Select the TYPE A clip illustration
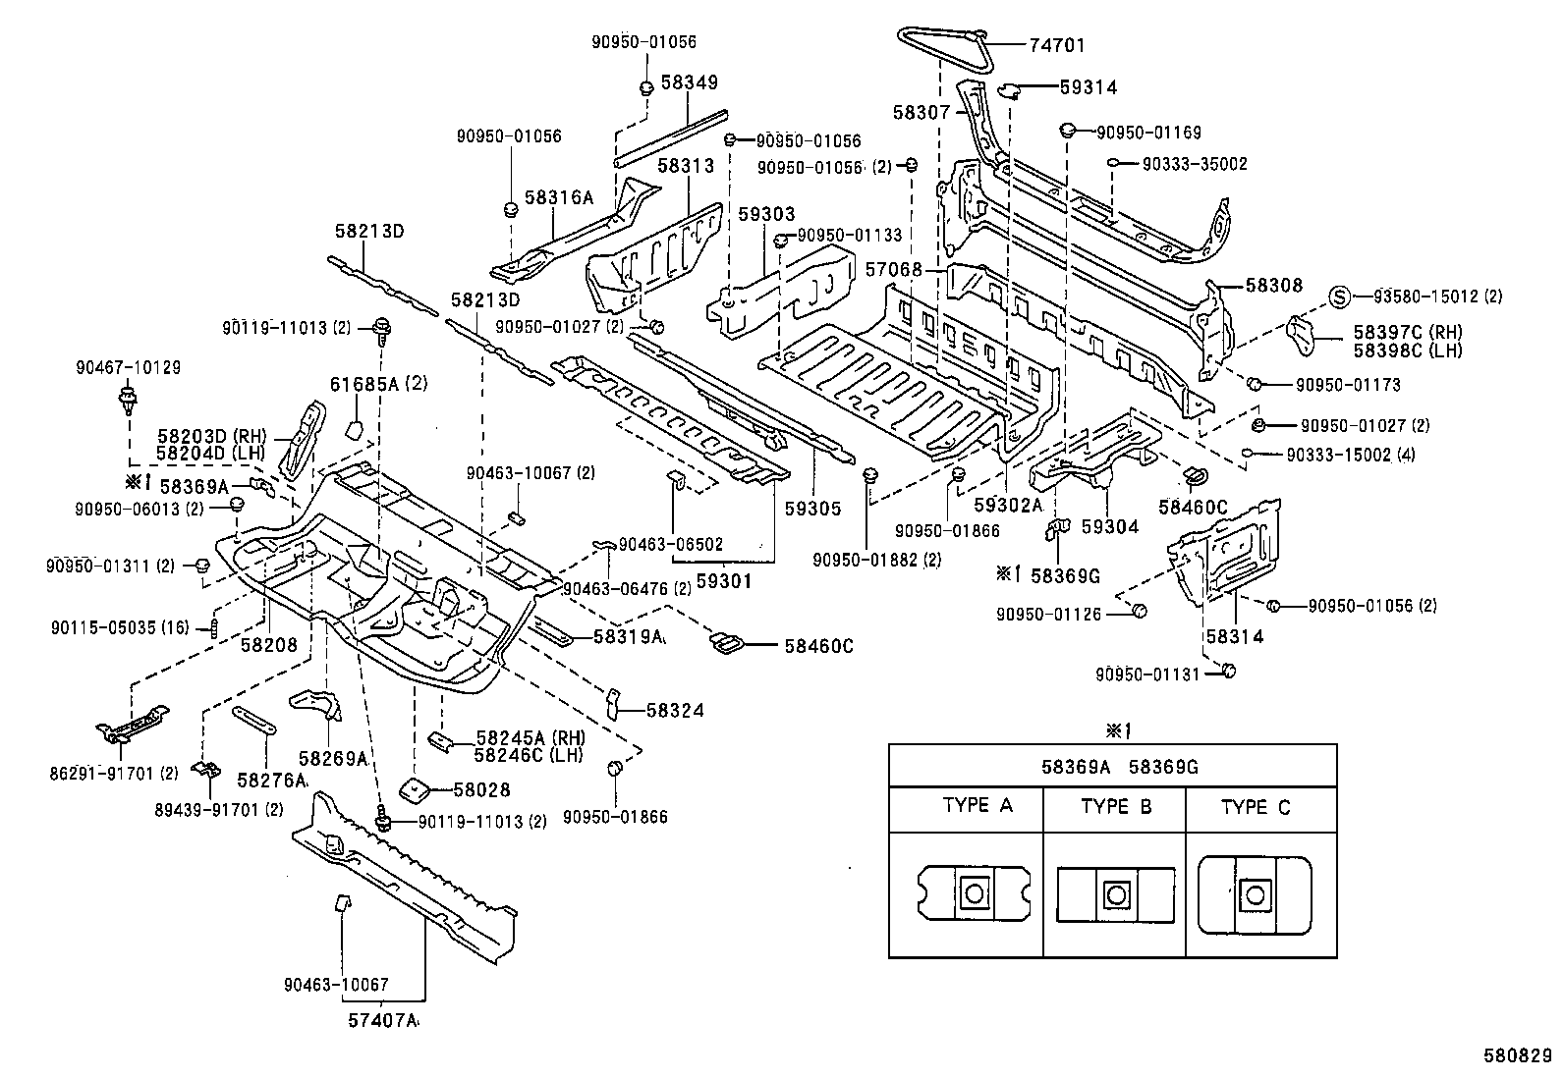pyautogui.click(x=974, y=893)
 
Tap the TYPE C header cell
pyautogui.click(x=1256, y=808)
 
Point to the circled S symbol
pyautogui.click(x=1339, y=297)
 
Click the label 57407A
pyautogui.click(x=381, y=1021)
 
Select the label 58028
pyautogui.click(x=480, y=789)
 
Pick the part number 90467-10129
pyautogui.click(x=128, y=367)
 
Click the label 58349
pyautogui.click(x=689, y=84)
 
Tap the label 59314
pyautogui.click(x=1088, y=87)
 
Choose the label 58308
pyautogui.click(x=1273, y=286)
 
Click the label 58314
pyautogui.click(x=1234, y=636)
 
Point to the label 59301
pyautogui.click(x=723, y=581)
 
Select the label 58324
pyautogui.click(x=675, y=710)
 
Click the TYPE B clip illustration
pyautogui.click(x=1115, y=893)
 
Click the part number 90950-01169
pyautogui.click(x=1148, y=133)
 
